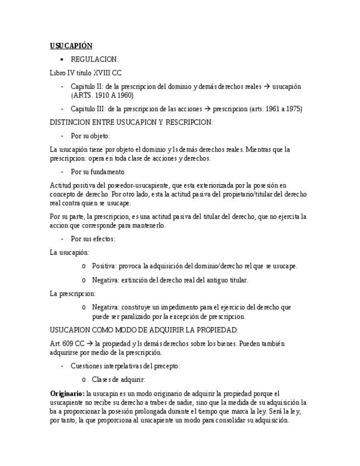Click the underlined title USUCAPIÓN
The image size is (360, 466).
[x=71, y=46]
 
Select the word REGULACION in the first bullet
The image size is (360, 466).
[x=95, y=59]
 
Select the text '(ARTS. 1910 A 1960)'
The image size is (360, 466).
[x=102, y=95]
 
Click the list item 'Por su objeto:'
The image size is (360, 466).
[x=90, y=136]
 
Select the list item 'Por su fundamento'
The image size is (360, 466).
[x=97, y=171]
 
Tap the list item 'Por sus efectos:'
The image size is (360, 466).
[x=93, y=239]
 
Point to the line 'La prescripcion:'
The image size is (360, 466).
[x=73, y=293]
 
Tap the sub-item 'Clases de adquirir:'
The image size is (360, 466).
[x=118, y=379]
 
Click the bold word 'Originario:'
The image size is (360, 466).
[x=67, y=393]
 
